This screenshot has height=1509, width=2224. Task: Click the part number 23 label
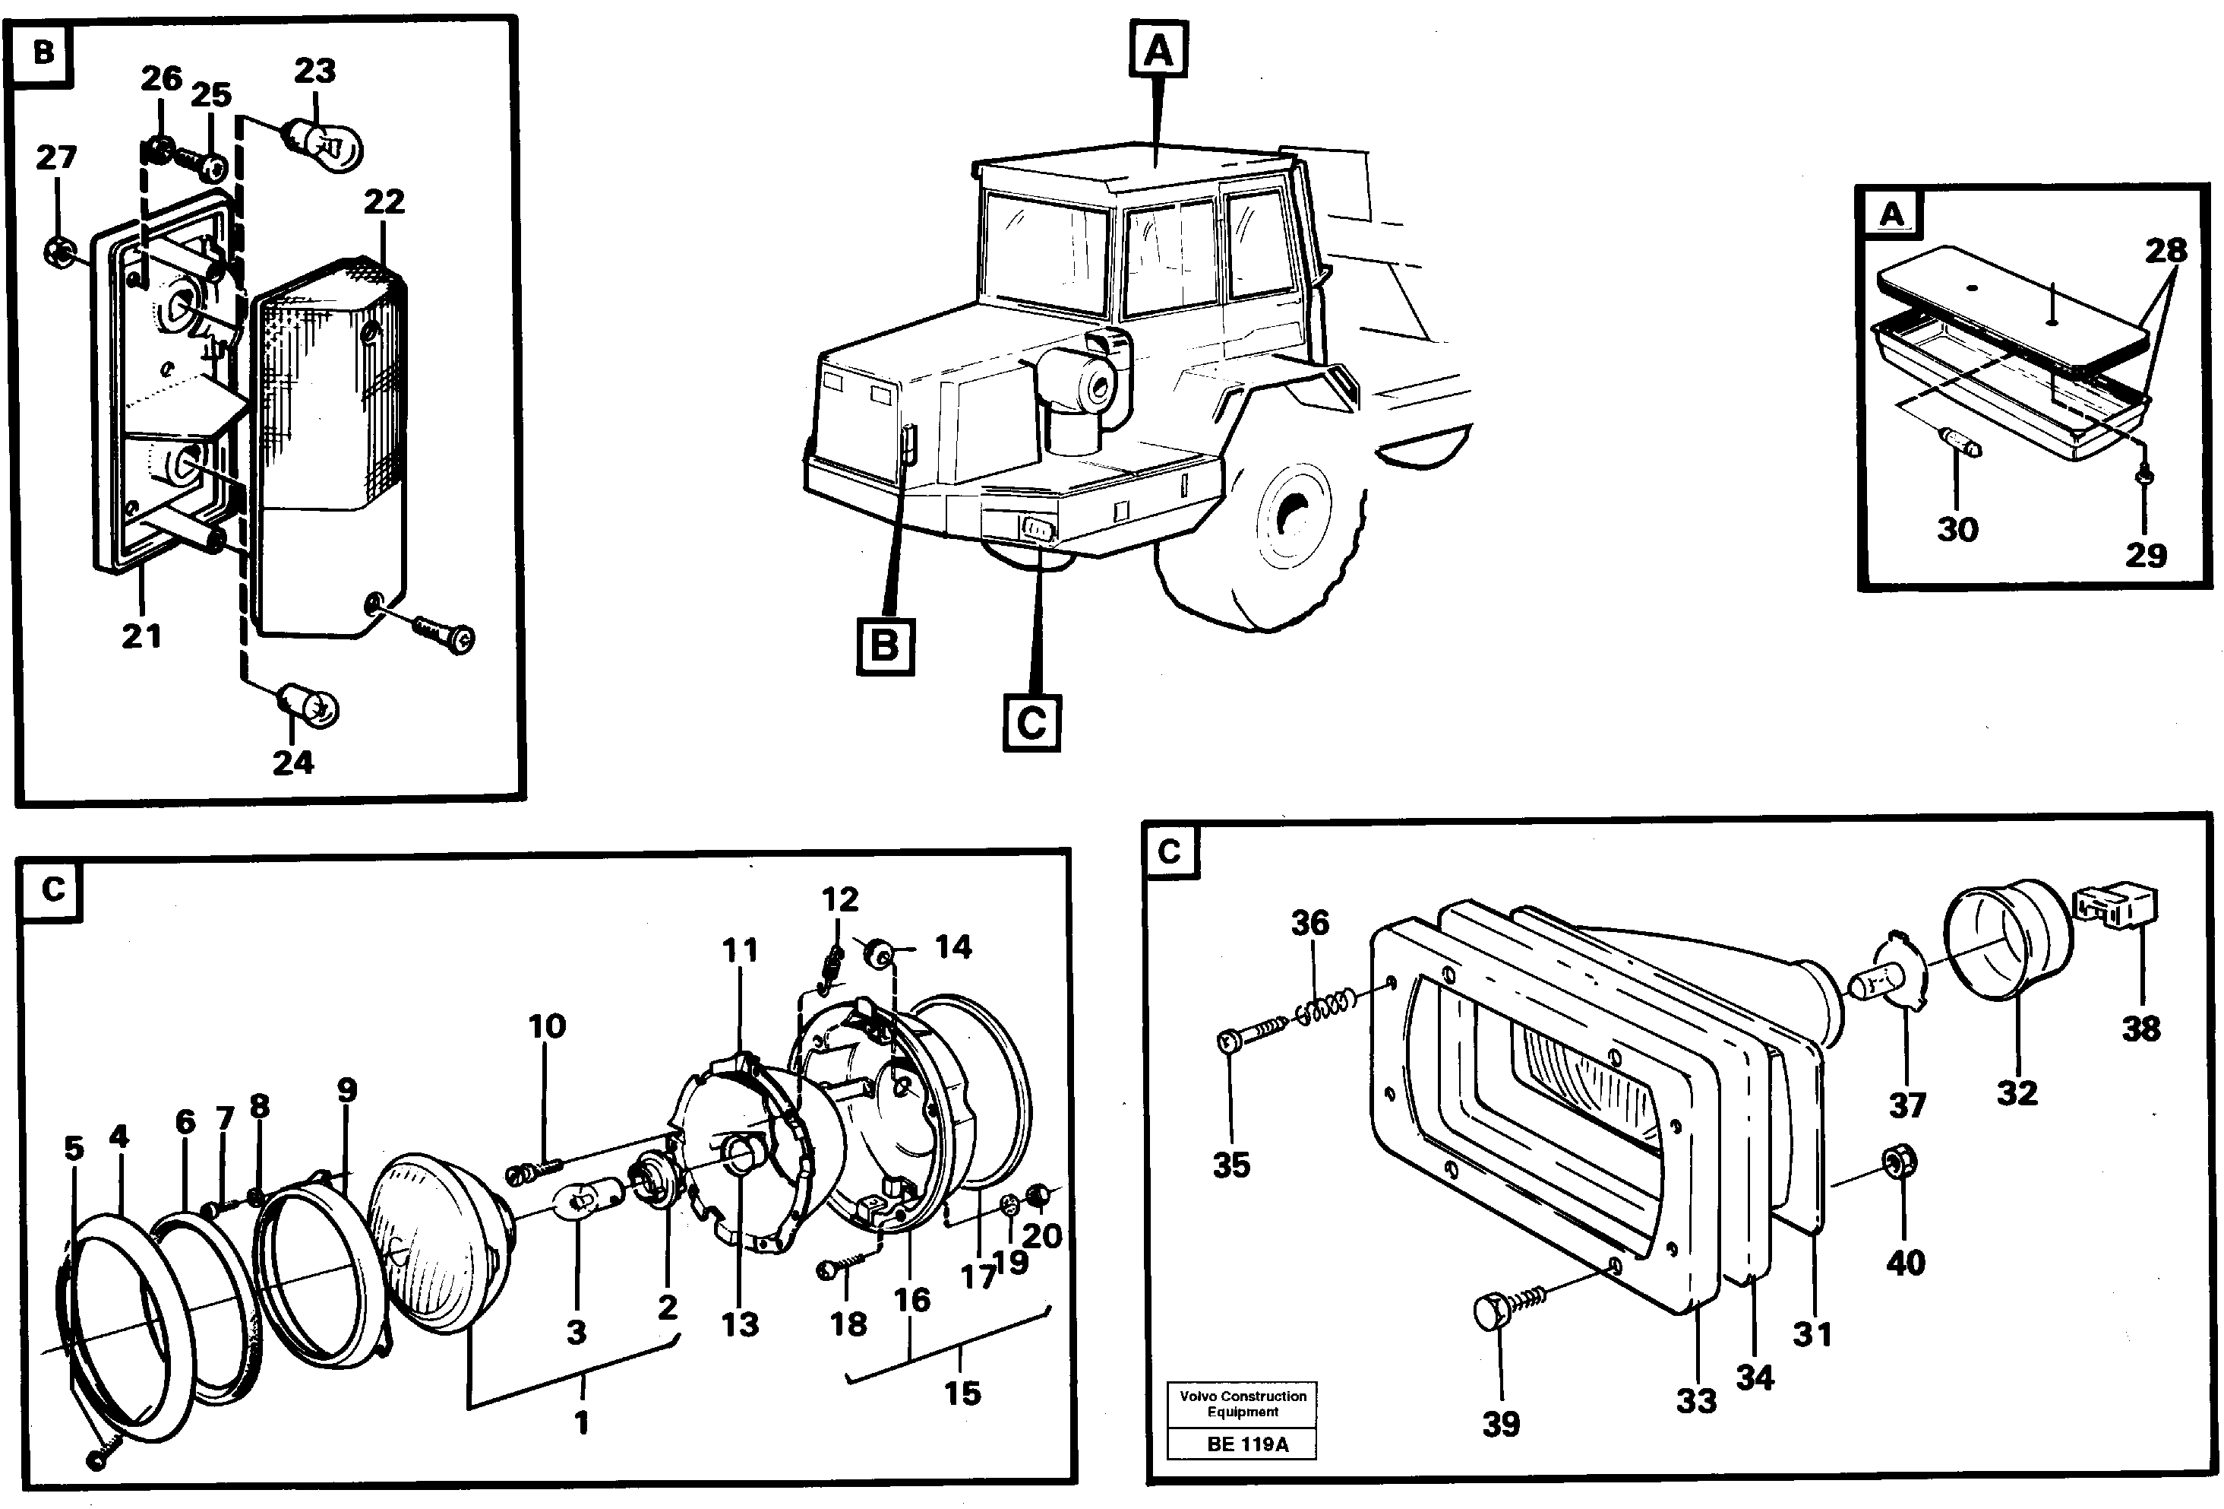coord(315,71)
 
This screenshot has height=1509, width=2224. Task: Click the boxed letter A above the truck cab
coord(1158,49)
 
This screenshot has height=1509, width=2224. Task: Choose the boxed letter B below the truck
coord(884,646)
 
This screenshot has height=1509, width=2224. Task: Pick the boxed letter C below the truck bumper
coord(1031,722)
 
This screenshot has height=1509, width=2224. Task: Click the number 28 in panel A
coord(2166,251)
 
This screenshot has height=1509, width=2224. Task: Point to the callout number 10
coord(546,1026)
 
